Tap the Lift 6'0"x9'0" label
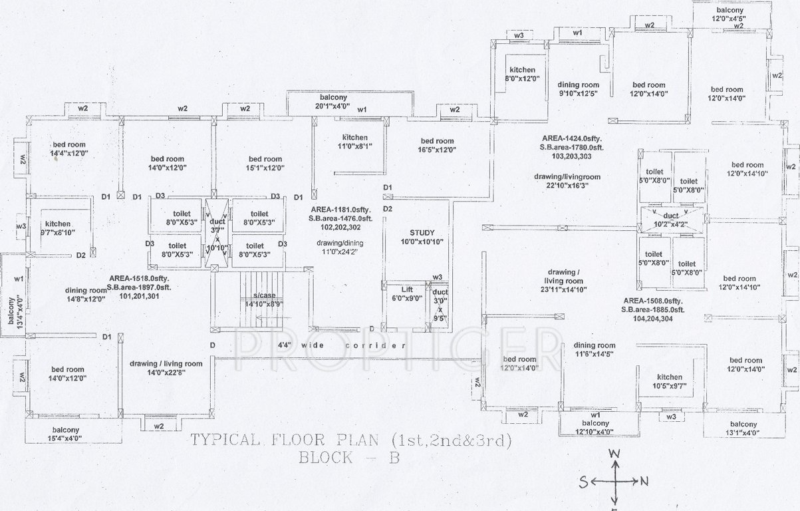pyautogui.click(x=407, y=294)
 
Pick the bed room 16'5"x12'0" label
pyautogui.click(x=436, y=145)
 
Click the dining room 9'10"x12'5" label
pyautogui.click(x=578, y=89)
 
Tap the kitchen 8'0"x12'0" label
pyautogui.click(x=523, y=74)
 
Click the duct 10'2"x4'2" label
pyautogui.click(x=671, y=220)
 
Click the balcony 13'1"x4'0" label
pyautogui.click(x=743, y=428)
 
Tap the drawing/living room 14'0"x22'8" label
pyautogui.click(x=166, y=368)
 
